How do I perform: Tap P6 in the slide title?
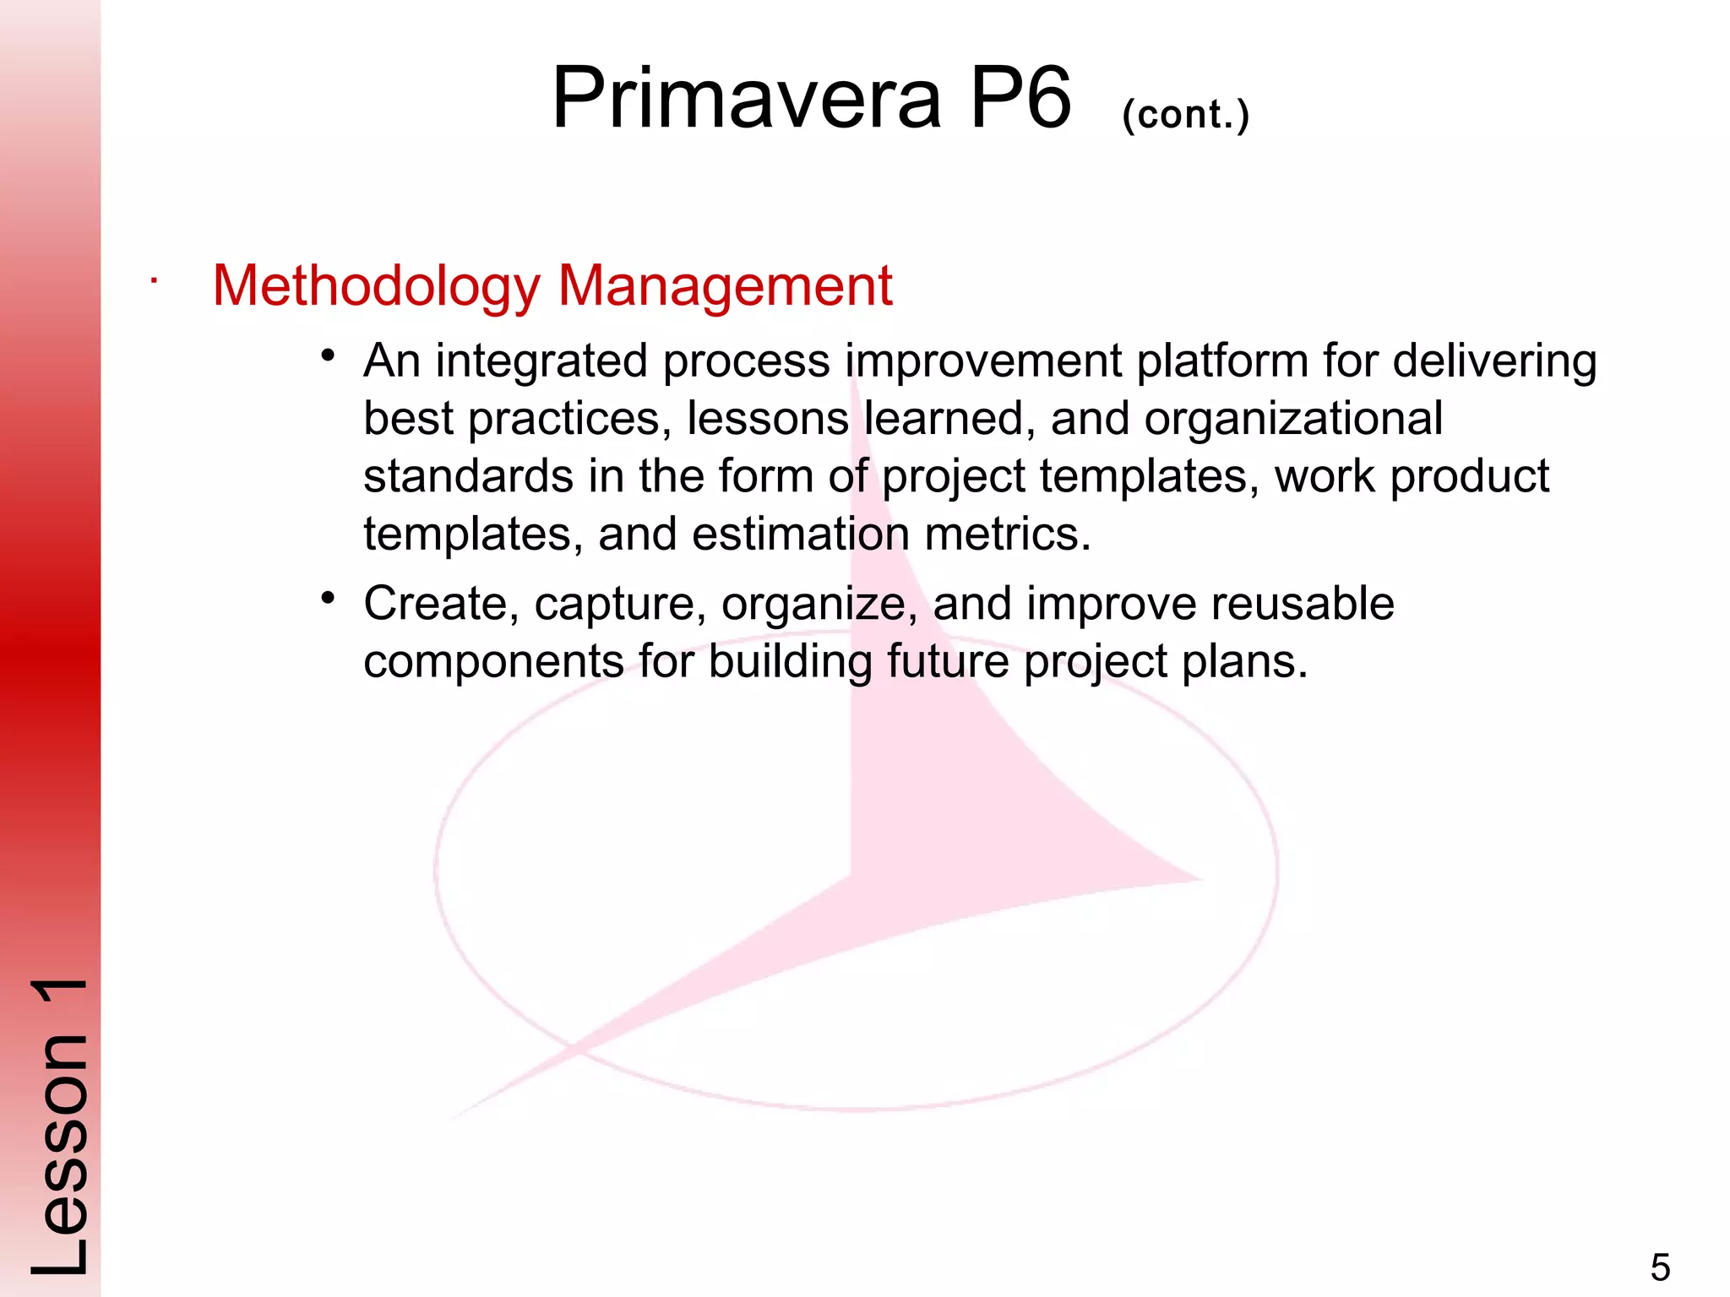click(x=1020, y=99)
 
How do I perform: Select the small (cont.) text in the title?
click(x=1185, y=114)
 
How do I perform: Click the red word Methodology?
click(x=376, y=286)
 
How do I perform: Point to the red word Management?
click(x=725, y=286)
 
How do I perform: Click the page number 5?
click(x=1660, y=1267)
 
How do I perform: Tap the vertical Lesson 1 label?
click(x=59, y=1127)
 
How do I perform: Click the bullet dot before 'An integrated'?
click(x=329, y=355)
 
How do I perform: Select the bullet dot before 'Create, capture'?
click(x=329, y=599)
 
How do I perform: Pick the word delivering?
click(x=1494, y=361)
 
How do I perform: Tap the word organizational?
click(x=1292, y=419)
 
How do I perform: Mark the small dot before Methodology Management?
click(x=153, y=281)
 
